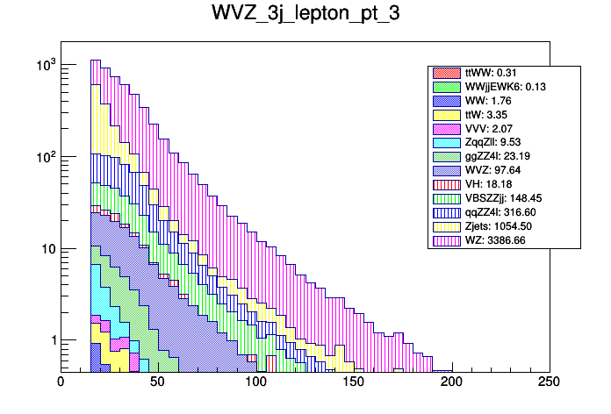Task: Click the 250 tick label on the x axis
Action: pos(549,382)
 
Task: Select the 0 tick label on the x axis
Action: pos(61,382)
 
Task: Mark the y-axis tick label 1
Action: pos(51,340)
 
